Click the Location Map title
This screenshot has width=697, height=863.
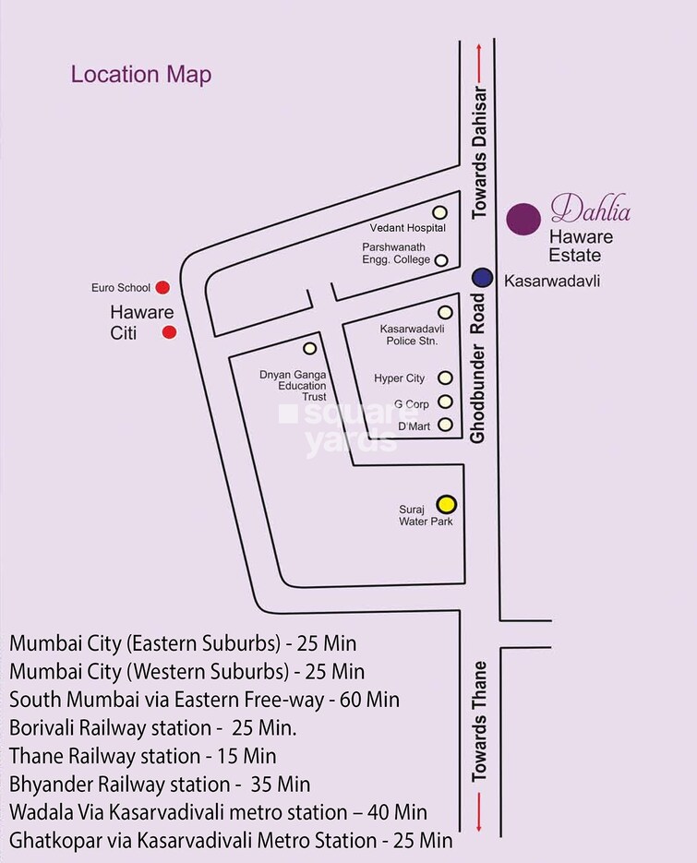(141, 75)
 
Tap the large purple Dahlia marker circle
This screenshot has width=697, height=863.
(523, 219)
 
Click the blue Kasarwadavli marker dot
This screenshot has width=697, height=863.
(481, 277)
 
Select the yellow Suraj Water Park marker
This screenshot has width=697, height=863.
(446, 504)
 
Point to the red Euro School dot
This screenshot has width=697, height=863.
(162, 287)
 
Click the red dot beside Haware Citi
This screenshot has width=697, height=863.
(169, 332)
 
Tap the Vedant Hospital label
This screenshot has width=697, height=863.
(407, 228)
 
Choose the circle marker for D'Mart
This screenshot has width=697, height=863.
(445, 425)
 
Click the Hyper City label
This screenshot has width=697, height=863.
(399, 378)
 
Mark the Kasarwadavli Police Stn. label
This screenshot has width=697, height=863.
(408, 334)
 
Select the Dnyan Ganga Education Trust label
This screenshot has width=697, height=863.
(293, 385)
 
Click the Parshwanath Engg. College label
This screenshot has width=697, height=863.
(396, 253)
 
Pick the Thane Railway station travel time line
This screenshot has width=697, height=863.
(142, 756)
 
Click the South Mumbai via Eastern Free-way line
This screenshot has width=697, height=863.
(204, 700)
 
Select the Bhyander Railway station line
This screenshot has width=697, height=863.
(160, 785)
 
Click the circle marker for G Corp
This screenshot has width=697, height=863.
(445, 402)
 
